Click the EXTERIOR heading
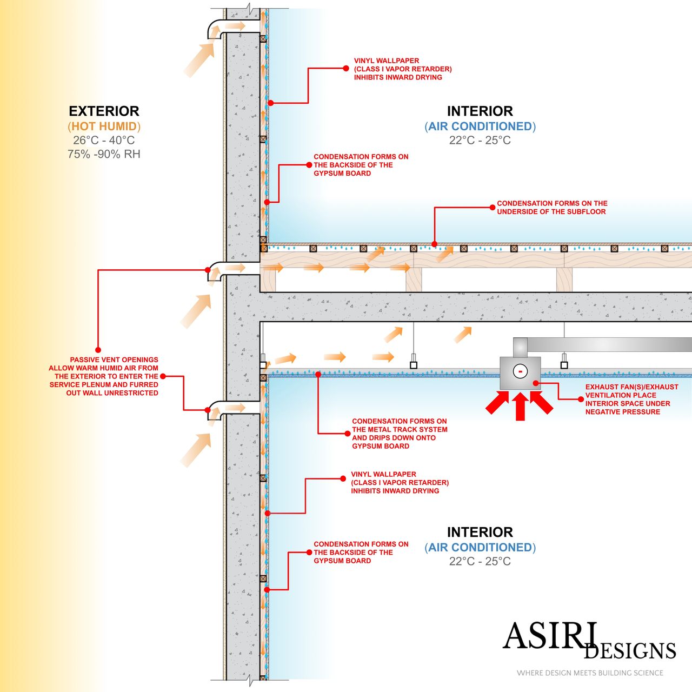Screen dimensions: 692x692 [104, 111]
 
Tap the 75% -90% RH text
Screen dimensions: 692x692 [104, 154]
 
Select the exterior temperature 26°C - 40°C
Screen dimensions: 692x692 [104, 141]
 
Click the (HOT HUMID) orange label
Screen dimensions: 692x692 [104, 127]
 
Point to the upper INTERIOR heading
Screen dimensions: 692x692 [480, 111]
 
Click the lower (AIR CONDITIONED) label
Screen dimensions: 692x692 [480, 548]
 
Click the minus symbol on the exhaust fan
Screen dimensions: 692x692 [520, 372]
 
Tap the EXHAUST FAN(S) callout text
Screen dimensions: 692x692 [631, 399]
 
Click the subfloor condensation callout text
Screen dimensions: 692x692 [551, 208]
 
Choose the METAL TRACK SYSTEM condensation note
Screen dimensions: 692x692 [400, 434]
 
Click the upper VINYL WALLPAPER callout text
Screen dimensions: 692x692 [402, 69]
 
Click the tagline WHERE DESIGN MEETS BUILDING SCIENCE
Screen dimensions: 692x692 [590, 673]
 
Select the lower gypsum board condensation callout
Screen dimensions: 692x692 [361, 553]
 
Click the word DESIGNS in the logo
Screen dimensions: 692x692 [630, 651]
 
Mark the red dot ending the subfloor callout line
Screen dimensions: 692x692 [435, 244]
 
